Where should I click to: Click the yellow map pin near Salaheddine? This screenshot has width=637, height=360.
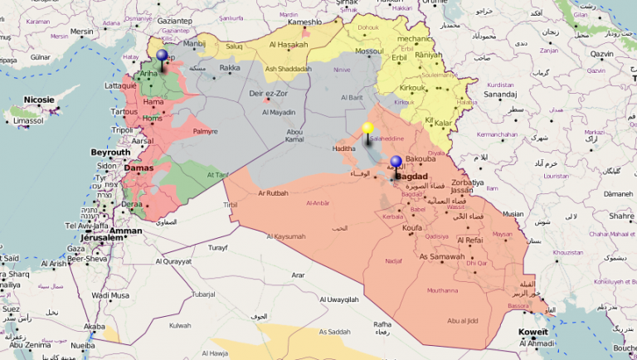[x=367, y=129]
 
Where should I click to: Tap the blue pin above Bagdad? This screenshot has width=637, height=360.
[x=396, y=163]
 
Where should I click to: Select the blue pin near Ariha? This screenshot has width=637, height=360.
[x=162, y=56]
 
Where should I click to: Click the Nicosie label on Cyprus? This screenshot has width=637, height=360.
[x=38, y=100]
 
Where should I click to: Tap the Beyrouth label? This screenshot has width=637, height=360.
[x=110, y=153]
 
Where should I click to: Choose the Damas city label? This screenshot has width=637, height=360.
[x=139, y=168]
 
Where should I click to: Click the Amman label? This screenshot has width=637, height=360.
[x=126, y=231]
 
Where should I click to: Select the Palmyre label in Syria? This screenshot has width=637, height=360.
[x=205, y=131]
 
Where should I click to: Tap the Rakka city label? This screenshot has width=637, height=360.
[x=230, y=68]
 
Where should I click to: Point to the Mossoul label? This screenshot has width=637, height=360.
[x=369, y=51]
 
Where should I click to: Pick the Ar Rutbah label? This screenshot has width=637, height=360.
[x=273, y=193]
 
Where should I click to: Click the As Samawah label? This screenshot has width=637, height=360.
[x=442, y=256]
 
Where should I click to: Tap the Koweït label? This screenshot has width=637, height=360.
[x=533, y=332]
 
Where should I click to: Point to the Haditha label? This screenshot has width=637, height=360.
[x=344, y=148]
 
